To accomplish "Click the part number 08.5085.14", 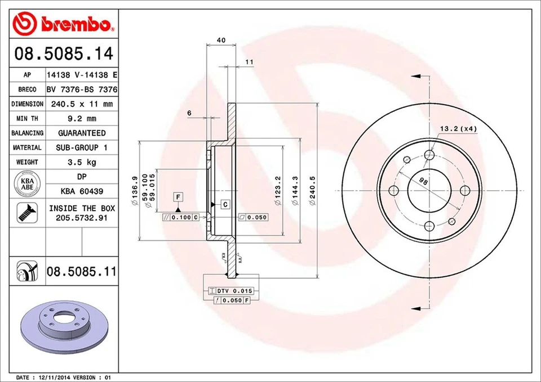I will [x=64, y=55].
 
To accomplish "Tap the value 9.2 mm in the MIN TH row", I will [x=82, y=118].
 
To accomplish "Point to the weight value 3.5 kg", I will [x=82, y=162].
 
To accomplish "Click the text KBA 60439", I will [x=82, y=191].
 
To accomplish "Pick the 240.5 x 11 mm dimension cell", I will [x=82, y=104].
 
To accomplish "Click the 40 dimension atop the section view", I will [x=221, y=40].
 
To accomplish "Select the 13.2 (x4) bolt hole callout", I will [x=458, y=129].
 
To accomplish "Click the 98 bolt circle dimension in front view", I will [x=423, y=181].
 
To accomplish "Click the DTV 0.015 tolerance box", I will [x=232, y=290].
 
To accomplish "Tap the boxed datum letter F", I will [x=178, y=197].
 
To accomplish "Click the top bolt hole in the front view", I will [x=429, y=155].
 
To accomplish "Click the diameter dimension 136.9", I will [x=135, y=191].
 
